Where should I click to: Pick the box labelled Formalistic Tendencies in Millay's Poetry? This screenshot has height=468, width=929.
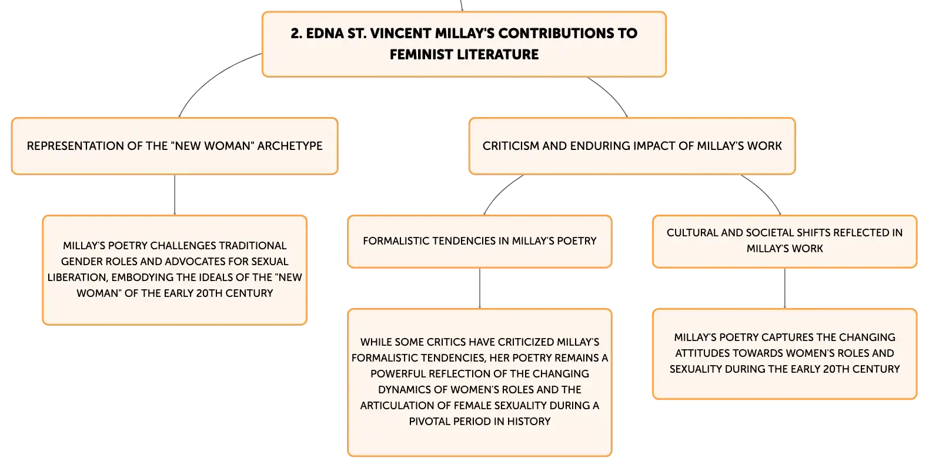point(480,241)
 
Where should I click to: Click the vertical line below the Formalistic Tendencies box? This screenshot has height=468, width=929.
point(480,288)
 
